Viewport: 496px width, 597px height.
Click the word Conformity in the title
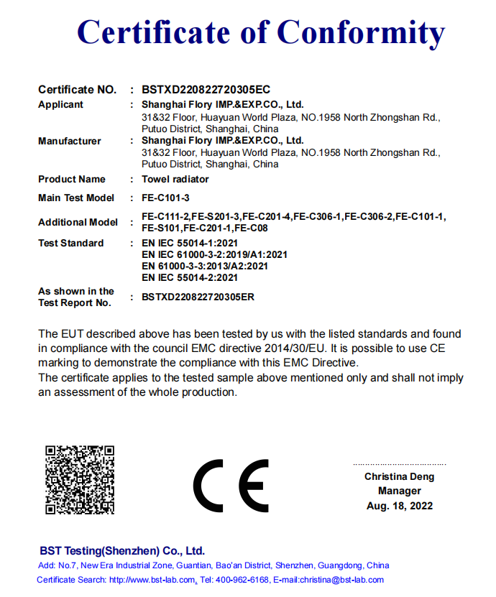click(361, 32)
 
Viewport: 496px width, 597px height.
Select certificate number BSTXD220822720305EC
click(206, 90)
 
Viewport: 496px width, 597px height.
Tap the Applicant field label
click(60, 104)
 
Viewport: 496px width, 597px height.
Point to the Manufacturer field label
click(70, 141)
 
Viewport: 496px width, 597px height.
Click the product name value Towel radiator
click(175, 179)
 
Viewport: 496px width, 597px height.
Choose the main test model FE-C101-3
click(165, 198)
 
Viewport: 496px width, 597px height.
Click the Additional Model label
click(78, 222)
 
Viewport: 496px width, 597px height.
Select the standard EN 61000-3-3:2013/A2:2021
click(205, 266)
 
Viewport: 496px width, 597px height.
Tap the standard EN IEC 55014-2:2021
click(190, 277)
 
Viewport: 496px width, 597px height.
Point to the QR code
click(80, 479)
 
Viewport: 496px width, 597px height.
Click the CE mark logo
click(231, 486)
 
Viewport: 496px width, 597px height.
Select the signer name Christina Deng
click(399, 476)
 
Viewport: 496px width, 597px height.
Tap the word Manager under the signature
click(400, 491)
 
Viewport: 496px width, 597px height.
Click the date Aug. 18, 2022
click(400, 506)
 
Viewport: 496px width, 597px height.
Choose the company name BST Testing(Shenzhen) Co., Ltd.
click(122, 551)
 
